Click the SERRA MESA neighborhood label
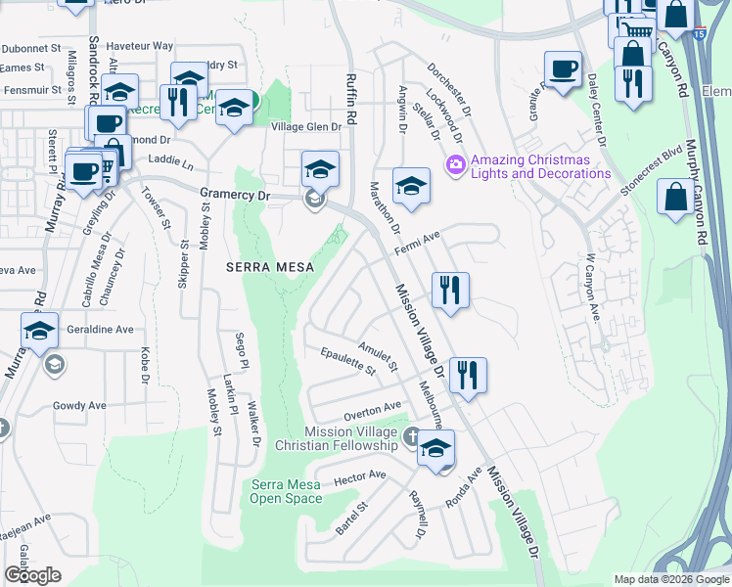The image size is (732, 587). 258,266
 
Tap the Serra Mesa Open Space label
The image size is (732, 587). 286,491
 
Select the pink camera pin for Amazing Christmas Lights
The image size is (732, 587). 454,163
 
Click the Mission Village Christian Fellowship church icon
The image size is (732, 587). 412,435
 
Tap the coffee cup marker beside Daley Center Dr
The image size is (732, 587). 563,70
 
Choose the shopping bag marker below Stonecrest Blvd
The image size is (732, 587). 676,196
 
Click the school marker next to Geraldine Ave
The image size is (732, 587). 39,332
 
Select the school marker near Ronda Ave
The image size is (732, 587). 435,448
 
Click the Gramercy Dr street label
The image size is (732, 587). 234,196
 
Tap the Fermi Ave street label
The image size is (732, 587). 419,241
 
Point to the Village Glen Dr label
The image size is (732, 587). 306,127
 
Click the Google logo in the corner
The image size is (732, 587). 32,575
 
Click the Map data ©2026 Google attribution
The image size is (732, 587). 670,579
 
